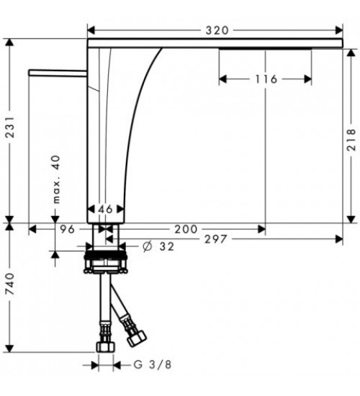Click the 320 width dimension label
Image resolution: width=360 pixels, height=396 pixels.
click(217, 30)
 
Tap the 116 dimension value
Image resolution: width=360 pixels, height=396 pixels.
click(266, 79)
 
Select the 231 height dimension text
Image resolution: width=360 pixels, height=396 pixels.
click(10, 127)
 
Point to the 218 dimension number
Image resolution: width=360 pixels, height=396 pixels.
click(351, 140)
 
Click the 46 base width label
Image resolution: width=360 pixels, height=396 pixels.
click(105, 209)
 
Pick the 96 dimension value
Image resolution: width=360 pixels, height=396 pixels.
click(68, 229)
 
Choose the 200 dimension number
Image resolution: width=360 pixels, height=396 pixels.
click(186, 229)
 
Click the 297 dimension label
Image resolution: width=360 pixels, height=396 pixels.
click(216, 239)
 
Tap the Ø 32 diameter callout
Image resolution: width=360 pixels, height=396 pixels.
click(158, 246)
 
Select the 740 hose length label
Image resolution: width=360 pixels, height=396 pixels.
click(10, 284)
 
